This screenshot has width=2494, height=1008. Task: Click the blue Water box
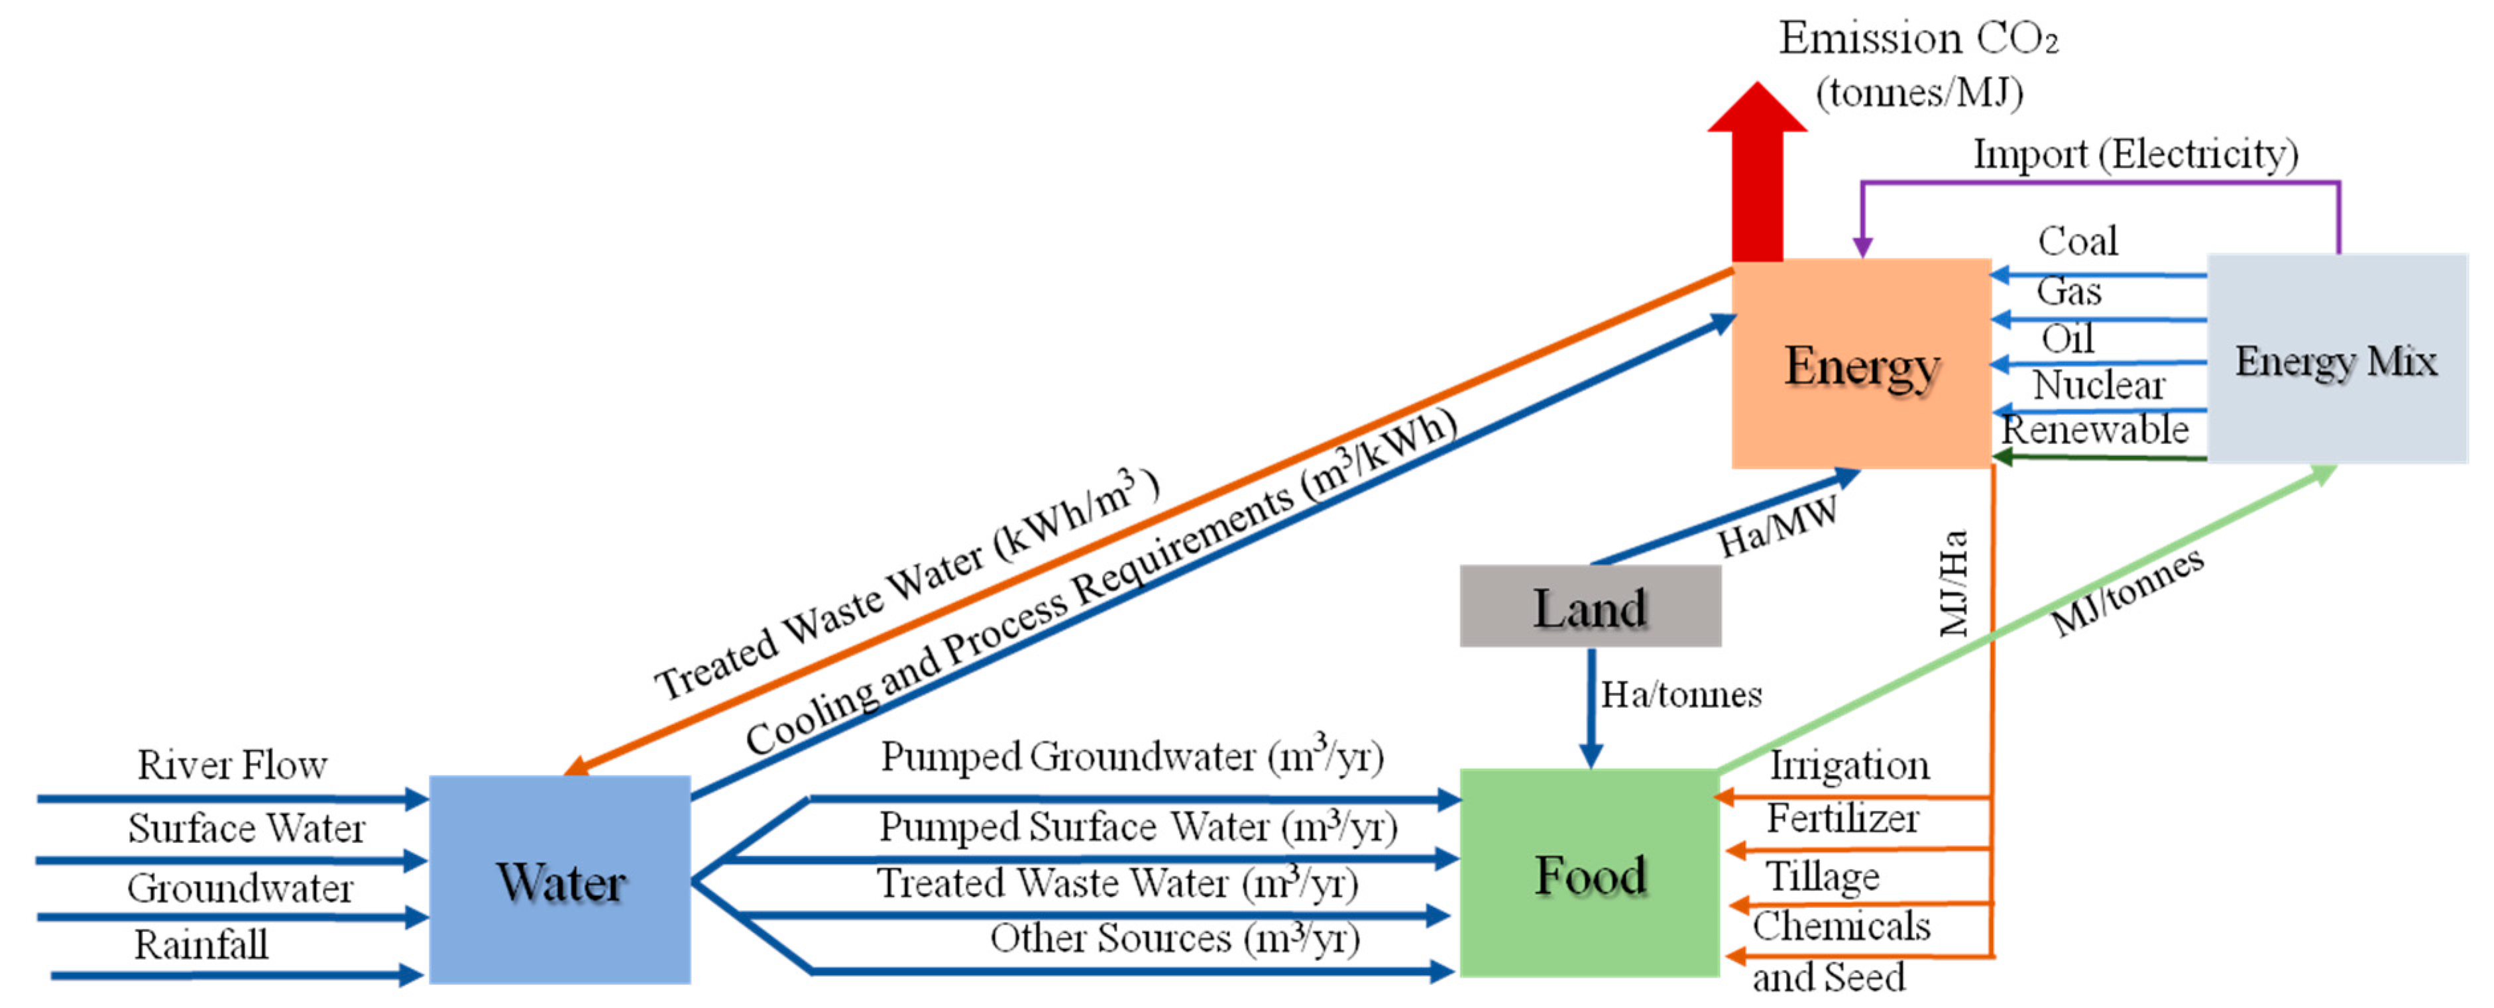tap(559, 879)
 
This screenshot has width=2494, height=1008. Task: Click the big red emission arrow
tap(1756, 174)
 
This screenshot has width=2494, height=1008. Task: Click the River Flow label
tap(233, 765)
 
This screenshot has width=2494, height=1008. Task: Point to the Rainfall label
tap(201, 944)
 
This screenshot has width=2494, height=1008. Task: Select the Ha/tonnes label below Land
tap(1681, 695)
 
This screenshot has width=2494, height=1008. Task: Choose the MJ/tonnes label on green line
tap(2127, 592)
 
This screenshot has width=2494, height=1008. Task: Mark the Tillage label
tap(1822, 876)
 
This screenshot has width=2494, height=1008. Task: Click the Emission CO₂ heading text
tap(1918, 38)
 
